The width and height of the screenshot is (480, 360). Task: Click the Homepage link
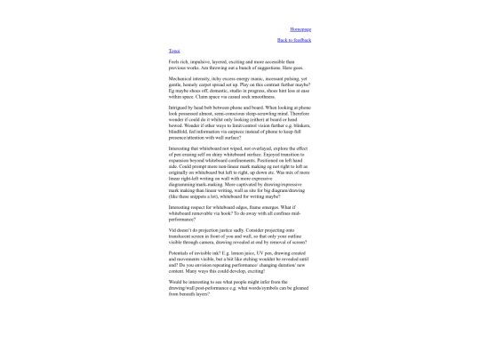(300, 29)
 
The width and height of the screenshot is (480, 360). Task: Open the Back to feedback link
(294, 40)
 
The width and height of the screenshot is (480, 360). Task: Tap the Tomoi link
(174, 51)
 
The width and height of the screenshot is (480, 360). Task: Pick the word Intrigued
(180, 106)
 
